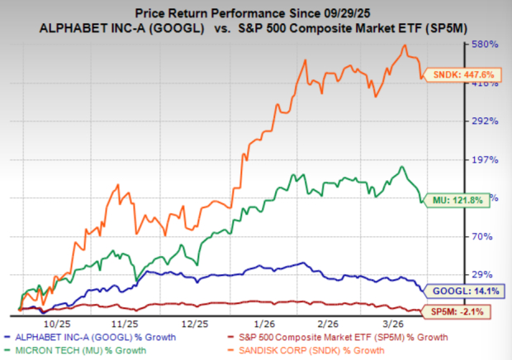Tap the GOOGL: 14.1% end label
(x=454, y=291)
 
